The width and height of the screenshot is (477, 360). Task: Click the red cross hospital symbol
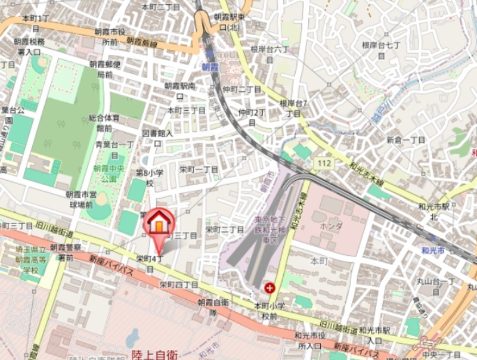271,288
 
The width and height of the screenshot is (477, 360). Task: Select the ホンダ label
331,226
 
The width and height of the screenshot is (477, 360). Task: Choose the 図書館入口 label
157,138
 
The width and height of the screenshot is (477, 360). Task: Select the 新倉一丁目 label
405,140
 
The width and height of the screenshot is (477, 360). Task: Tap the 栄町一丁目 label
199,169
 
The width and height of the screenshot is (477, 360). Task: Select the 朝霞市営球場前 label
80,199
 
